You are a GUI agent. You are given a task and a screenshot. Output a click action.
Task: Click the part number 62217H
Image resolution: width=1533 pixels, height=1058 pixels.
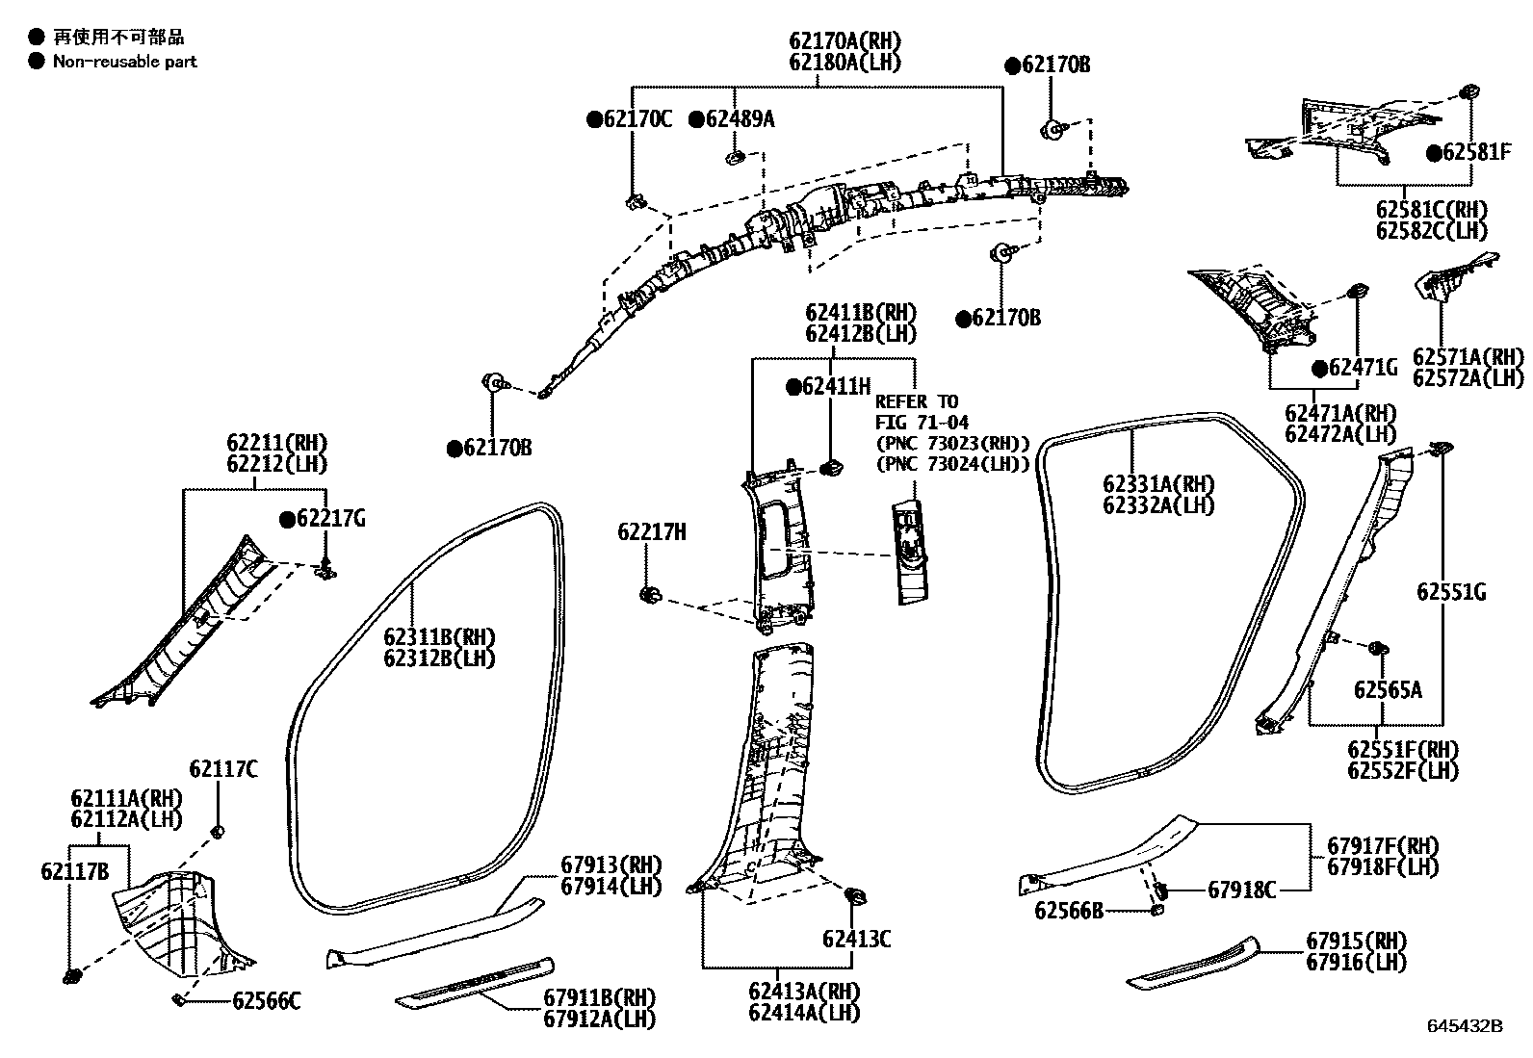pyautogui.click(x=652, y=531)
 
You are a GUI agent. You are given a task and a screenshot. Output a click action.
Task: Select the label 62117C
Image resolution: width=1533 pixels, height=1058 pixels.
pyautogui.click(x=223, y=768)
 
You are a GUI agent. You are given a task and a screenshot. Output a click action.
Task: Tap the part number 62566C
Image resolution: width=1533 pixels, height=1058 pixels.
pyautogui.click(x=267, y=1001)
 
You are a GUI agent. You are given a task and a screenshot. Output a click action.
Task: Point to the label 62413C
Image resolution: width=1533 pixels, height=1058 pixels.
pyautogui.click(x=856, y=939)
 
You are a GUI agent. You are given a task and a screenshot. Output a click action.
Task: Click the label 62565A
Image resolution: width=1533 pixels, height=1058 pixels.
pyautogui.click(x=1387, y=689)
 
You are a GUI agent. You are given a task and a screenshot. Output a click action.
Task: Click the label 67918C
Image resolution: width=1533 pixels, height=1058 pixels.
pyautogui.click(x=1241, y=890)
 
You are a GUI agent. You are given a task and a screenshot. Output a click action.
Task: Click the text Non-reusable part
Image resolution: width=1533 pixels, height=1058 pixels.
pyautogui.click(x=124, y=62)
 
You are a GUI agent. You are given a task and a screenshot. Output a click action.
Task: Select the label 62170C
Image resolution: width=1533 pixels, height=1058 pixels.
pyautogui.click(x=637, y=119)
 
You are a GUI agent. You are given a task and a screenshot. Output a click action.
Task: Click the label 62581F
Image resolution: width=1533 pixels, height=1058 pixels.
pyautogui.click(x=1477, y=152)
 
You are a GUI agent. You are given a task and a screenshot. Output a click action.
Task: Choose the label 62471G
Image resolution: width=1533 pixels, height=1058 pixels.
pyautogui.click(x=1363, y=368)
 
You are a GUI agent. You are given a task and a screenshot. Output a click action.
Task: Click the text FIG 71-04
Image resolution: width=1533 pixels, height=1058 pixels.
pyautogui.click(x=922, y=423)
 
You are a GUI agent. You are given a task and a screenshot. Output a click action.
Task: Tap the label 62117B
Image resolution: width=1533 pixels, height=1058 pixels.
pyautogui.click(x=74, y=871)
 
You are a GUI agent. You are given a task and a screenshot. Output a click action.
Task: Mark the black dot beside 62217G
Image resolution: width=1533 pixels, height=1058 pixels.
pyautogui.click(x=287, y=520)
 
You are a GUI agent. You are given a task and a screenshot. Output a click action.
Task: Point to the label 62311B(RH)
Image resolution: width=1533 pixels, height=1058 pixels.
pyautogui.click(x=438, y=637)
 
